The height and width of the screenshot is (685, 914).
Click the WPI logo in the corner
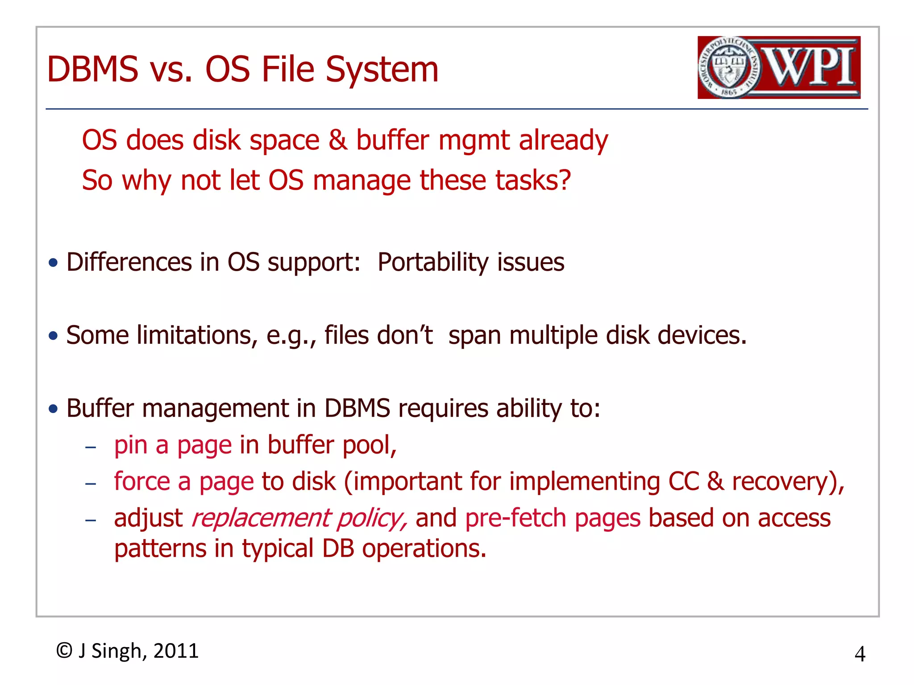[779, 67]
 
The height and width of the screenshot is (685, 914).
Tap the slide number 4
[860, 654]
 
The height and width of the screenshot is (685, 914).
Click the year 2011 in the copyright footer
[176, 651]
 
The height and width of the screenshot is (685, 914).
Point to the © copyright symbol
[64, 651]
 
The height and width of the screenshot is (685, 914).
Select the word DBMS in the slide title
[93, 70]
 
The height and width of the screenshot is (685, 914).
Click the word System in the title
[382, 70]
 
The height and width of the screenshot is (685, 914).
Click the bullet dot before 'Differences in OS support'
[54, 263]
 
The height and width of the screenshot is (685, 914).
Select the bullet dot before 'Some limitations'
[54, 335]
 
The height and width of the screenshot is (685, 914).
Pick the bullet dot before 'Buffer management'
[54, 409]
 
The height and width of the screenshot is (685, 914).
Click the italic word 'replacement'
[261, 518]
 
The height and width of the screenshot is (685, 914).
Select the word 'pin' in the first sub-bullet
[131, 445]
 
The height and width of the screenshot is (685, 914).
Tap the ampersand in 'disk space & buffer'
[338, 140]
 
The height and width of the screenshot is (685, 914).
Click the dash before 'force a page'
[91, 483]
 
